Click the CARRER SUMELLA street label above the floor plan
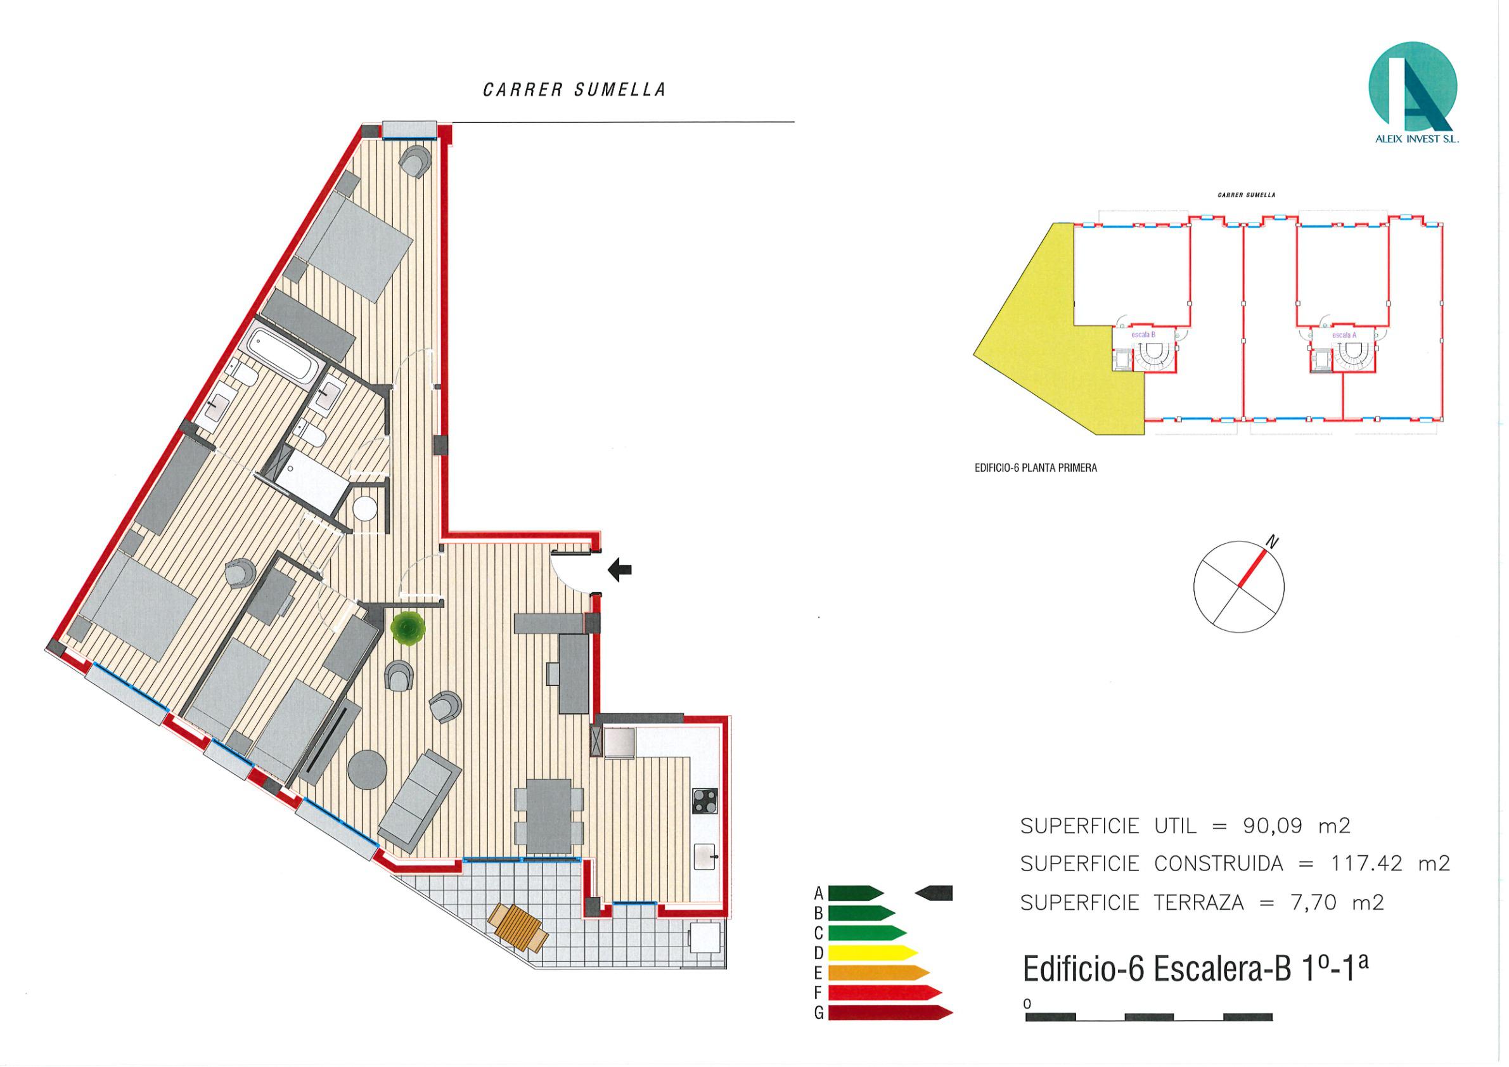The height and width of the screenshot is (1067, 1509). pos(574,90)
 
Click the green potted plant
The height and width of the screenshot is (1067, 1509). pos(408,628)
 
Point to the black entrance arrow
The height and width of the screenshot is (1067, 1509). pos(619,569)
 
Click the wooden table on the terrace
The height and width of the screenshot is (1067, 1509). pos(518,927)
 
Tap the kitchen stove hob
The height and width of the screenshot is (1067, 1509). pos(705,800)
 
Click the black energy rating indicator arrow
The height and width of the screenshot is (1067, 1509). pos(934,893)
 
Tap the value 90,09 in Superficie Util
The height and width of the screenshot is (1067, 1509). pos(1273,825)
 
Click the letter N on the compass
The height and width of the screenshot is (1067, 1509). pos(1273,542)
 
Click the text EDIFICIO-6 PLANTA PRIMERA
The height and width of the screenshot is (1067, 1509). pos(1036,469)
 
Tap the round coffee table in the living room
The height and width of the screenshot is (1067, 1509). pos(366,769)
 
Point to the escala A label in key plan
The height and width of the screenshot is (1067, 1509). pos(1344,335)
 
